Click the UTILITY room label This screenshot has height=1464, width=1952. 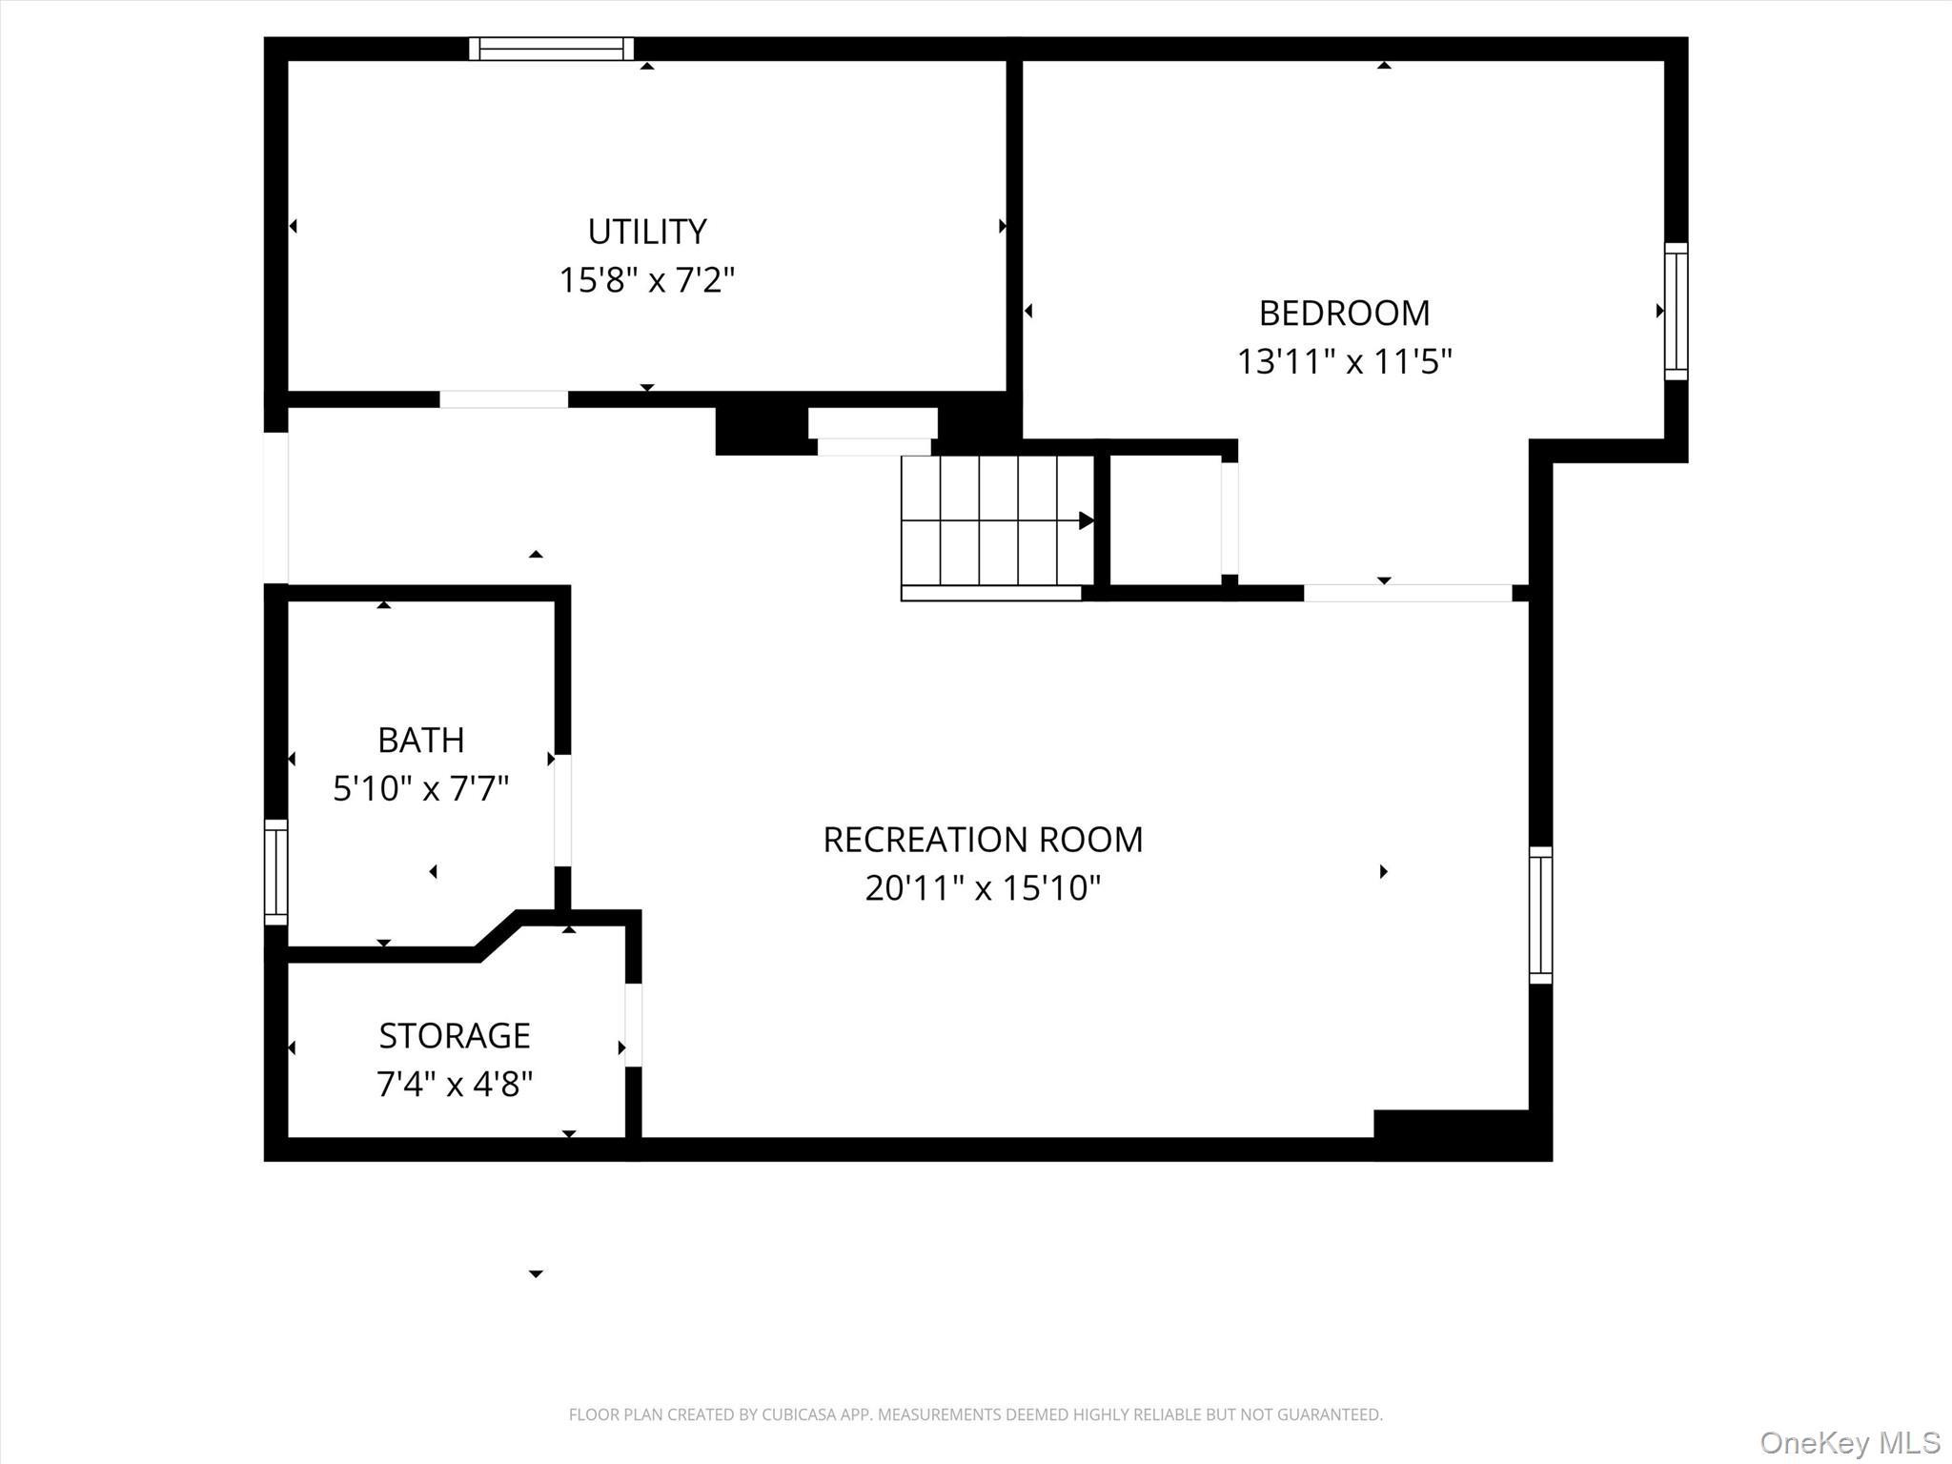(x=646, y=232)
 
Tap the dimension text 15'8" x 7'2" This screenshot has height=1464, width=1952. (x=646, y=280)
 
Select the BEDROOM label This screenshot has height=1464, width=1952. (x=1344, y=313)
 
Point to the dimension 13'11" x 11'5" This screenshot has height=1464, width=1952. (x=1344, y=362)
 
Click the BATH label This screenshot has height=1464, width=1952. (x=420, y=740)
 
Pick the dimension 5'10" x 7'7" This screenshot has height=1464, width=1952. (x=420, y=789)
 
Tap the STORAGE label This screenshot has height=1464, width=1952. (x=455, y=1035)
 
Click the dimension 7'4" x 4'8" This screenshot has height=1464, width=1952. (x=455, y=1085)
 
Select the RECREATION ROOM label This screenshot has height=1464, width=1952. (x=983, y=840)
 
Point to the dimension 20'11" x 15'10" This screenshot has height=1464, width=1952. (x=983, y=888)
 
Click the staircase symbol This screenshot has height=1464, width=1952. (x=997, y=520)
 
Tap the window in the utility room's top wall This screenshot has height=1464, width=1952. (x=551, y=49)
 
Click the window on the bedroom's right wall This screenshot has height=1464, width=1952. (x=1676, y=312)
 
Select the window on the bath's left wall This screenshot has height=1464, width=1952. (x=275, y=872)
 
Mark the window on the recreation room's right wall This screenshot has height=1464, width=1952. (x=1540, y=915)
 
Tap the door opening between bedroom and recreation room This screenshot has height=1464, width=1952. (x=1408, y=593)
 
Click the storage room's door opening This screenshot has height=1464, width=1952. (x=633, y=1025)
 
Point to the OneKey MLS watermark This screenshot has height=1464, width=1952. (x=1850, y=1442)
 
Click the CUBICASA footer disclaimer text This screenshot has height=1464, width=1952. (x=975, y=1414)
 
